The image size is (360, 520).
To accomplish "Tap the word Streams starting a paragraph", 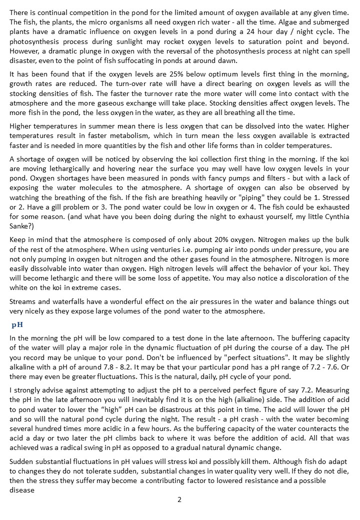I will click(22, 301).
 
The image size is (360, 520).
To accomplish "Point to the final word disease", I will click(22, 490).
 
